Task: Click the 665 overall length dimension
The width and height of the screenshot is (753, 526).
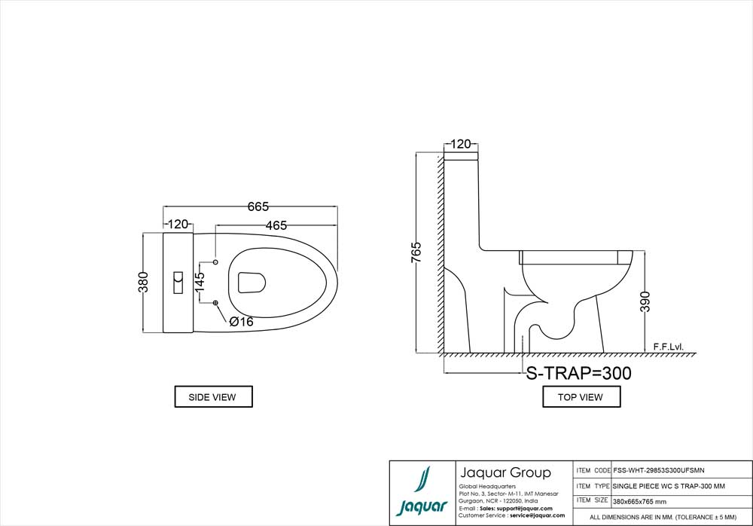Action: pyautogui.click(x=258, y=206)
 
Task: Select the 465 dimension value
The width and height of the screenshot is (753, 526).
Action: pyautogui.click(x=276, y=225)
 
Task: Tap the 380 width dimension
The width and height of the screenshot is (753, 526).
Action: pyautogui.click(x=143, y=282)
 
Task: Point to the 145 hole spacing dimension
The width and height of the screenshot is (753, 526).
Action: pyautogui.click(x=200, y=282)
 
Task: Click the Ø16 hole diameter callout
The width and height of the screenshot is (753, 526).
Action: pyautogui.click(x=241, y=322)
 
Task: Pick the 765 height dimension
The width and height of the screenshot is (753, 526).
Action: pyautogui.click(x=416, y=252)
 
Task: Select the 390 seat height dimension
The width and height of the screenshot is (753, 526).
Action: pyautogui.click(x=645, y=301)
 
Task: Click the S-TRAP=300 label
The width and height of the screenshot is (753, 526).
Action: pyautogui.click(x=578, y=373)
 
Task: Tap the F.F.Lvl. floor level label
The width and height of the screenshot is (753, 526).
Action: pyautogui.click(x=668, y=347)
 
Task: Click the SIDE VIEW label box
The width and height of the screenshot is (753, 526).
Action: pyautogui.click(x=213, y=396)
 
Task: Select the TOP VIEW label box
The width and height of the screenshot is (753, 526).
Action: pyautogui.click(x=581, y=396)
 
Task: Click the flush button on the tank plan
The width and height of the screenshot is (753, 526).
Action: pyautogui.click(x=178, y=283)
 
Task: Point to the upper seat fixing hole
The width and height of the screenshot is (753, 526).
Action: pyautogui.click(x=215, y=261)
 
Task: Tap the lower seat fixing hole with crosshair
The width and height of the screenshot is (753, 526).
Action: pyautogui.click(x=215, y=302)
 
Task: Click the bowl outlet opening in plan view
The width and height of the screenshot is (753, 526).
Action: pyautogui.click(x=252, y=283)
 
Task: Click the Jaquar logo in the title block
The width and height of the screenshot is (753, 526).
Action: pyautogui.click(x=422, y=492)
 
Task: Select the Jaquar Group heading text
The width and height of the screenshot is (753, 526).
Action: pyautogui.click(x=506, y=472)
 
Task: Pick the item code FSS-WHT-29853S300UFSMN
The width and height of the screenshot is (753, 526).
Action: pyautogui.click(x=659, y=470)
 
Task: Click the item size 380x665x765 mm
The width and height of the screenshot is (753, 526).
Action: pyautogui.click(x=639, y=501)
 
